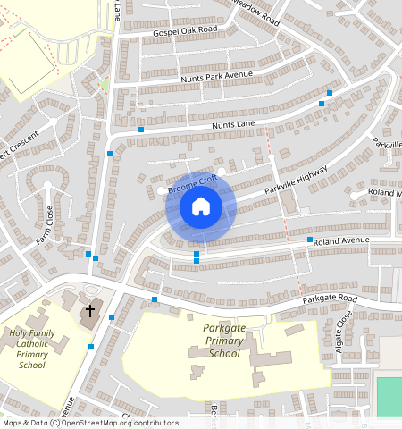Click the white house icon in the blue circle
(x=201, y=207)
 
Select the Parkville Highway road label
(x=296, y=181)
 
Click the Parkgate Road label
(x=329, y=299)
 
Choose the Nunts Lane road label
(x=233, y=125)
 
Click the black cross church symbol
(x=89, y=312)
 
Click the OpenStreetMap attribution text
(x=89, y=423)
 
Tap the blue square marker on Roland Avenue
(x=310, y=240)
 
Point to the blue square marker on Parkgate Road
(x=155, y=299)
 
